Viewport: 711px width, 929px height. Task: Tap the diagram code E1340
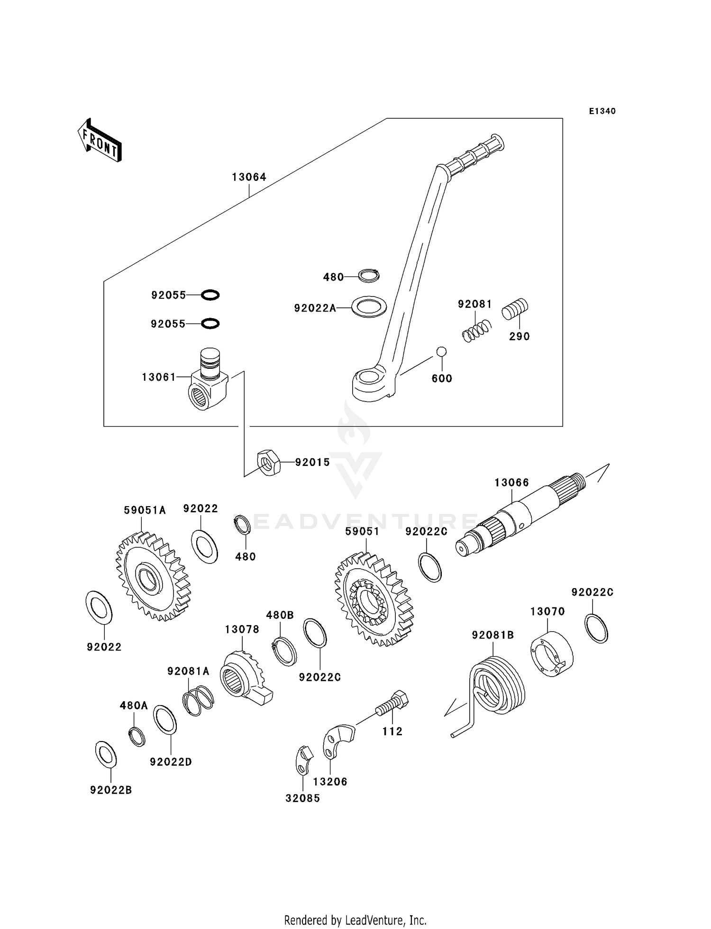pyautogui.click(x=602, y=111)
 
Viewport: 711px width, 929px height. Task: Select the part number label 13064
pyautogui.click(x=249, y=177)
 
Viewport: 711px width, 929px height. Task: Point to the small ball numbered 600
pyautogui.click(x=441, y=351)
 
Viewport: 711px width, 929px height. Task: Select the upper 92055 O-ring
pyautogui.click(x=210, y=295)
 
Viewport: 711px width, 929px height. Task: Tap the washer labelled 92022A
pyautogui.click(x=369, y=307)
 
